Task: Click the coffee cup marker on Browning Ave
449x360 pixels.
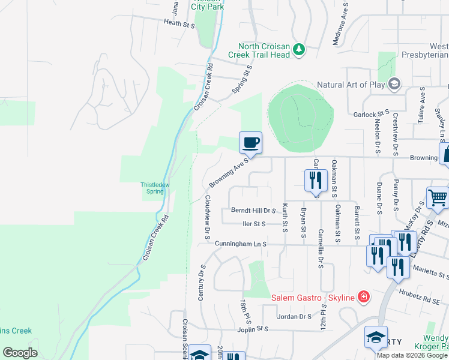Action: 251,143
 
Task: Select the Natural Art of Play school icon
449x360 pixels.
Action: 394,85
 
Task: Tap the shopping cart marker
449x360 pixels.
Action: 438,197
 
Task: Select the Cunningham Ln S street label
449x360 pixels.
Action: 240,244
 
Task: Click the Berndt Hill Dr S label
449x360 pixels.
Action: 253,211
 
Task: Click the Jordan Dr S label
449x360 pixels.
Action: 294,316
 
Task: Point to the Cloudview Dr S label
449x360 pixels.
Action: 207,214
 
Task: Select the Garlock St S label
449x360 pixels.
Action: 372,113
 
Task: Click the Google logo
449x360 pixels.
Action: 20,353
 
